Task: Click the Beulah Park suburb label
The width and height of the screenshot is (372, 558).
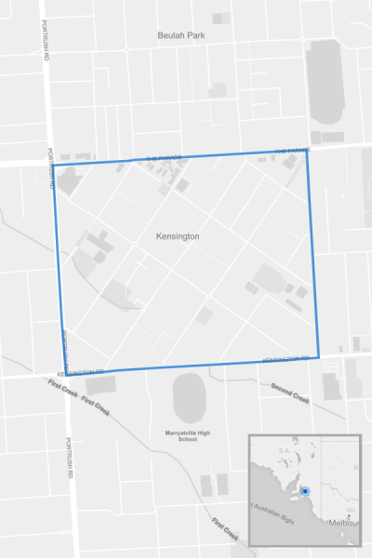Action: [x=180, y=35]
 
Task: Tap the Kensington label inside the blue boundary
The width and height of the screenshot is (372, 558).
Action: [x=179, y=237]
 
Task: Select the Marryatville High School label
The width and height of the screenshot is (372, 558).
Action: [x=181, y=435]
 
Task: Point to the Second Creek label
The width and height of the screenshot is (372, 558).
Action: [x=289, y=392]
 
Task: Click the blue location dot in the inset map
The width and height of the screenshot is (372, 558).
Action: [x=305, y=489]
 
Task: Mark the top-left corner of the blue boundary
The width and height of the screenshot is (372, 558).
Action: [x=53, y=166]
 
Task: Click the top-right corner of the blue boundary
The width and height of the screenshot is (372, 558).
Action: [x=306, y=150]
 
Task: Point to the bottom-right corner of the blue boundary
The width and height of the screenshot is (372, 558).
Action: [x=319, y=357]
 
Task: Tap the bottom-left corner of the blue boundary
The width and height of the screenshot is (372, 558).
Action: [x=65, y=374]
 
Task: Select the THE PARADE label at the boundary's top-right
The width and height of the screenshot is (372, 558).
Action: [x=292, y=150]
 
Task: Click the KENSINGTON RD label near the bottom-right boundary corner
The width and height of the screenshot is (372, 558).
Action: [x=286, y=360]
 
